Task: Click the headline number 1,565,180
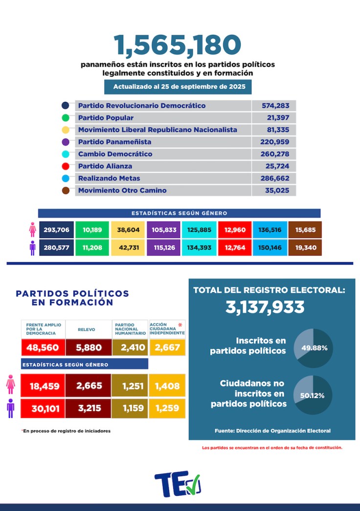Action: click(x=178, y=45)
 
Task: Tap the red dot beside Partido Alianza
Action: click(x=66, y=166)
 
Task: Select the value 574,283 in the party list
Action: click(x=274, y=106)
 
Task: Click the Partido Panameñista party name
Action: click(x=114, y=142)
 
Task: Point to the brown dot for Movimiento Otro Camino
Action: click(x=66, y=190)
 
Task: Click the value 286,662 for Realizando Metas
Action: click(x=274, y=178)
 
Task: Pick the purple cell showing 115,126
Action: click(x=163, y=248)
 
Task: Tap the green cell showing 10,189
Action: click(x=92, y=230)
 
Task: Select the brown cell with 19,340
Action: click(x=305, y=248)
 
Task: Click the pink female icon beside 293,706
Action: click(x=33, y=230)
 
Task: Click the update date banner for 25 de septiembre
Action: click(x=178, y=87)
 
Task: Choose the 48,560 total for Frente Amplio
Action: click(x=42, y=348)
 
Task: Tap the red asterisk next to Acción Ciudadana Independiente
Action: click(x=180, y=325)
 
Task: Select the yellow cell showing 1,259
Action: click(x=167, y=407)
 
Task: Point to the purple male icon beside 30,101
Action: click(x=10, y=408)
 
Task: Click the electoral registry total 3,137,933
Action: click(x=265, y=307)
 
